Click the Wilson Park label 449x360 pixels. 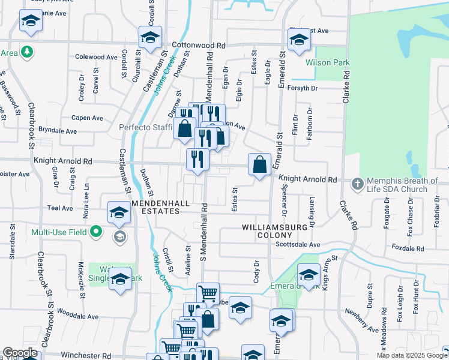point(327,62)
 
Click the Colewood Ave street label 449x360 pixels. point(96,57)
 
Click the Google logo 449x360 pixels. point(20,353)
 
